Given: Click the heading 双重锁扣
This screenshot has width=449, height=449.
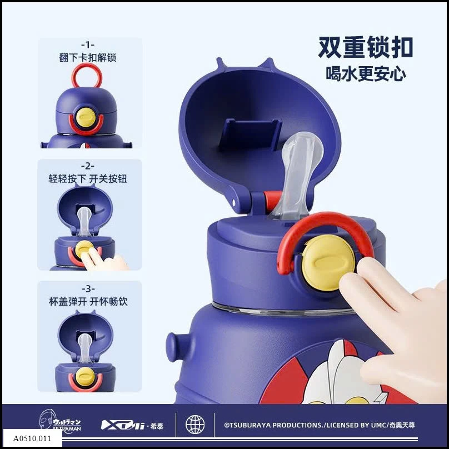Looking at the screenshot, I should (365, 48).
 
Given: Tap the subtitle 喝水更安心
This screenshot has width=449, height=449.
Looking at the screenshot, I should (365, 73).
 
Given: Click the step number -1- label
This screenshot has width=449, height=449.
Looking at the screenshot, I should (88, 44).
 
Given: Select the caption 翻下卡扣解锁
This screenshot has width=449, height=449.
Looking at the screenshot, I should (88, 57).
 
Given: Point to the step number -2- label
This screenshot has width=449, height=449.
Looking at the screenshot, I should (88, 166).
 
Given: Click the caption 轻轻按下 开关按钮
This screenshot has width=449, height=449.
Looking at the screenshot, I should (88, 178).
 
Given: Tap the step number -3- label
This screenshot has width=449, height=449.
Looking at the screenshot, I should (88, 288).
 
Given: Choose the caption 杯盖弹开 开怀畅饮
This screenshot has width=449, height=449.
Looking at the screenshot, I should (88, 301).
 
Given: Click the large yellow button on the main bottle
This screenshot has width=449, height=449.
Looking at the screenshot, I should (329, 262).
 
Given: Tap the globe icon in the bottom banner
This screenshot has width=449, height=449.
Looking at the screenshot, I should (195, 425).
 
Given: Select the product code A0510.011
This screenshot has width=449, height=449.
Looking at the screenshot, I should (31, 438).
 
